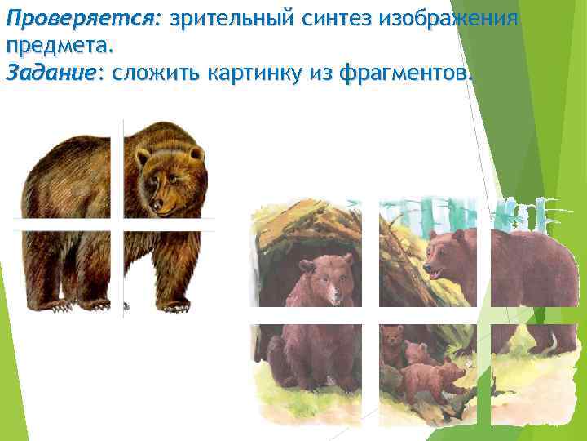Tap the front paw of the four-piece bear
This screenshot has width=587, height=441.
click(x=173, y=304)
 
